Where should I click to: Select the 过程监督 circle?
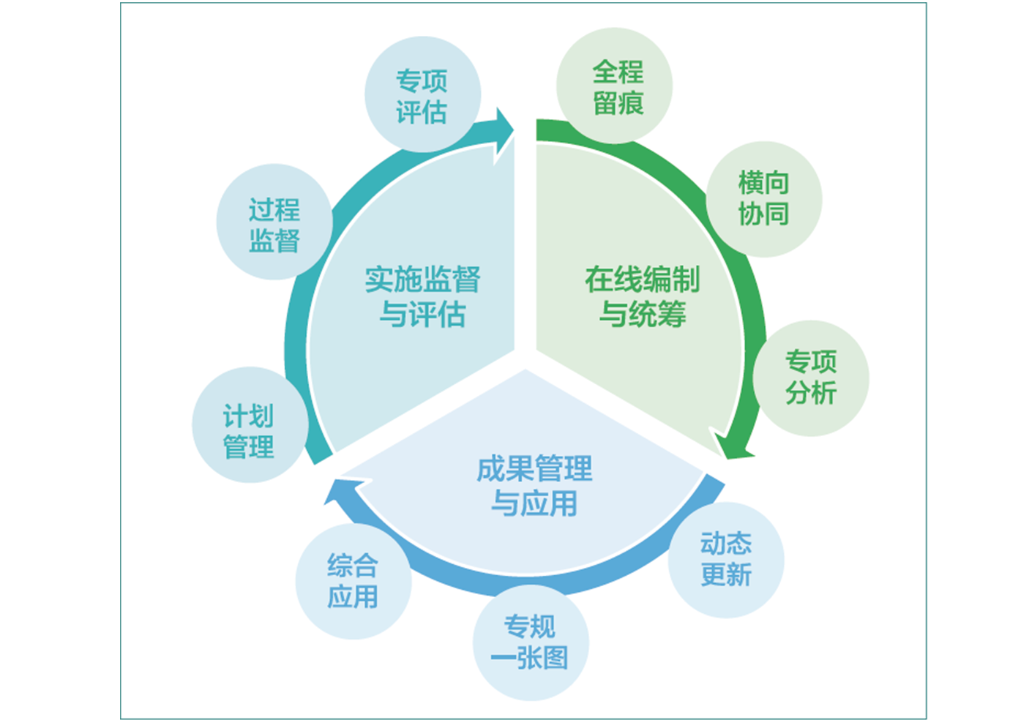click(274, 222)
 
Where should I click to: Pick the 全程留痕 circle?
click(616, 86)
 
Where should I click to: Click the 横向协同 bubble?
click(763, 198)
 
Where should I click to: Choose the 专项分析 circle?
click(811, 378)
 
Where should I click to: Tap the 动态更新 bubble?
click(725, 558)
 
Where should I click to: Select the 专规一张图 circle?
click(530, 642)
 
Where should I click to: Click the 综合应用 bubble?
click(353, 581)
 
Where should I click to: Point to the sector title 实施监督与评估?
click(422, 296)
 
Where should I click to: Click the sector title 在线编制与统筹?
click(642, 296)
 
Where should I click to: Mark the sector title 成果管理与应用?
click(534, 485)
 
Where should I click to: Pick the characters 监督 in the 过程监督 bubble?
click(274, 240)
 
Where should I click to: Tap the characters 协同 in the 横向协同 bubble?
click(763, 214)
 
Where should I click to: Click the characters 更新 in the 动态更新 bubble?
click(725, 575)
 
